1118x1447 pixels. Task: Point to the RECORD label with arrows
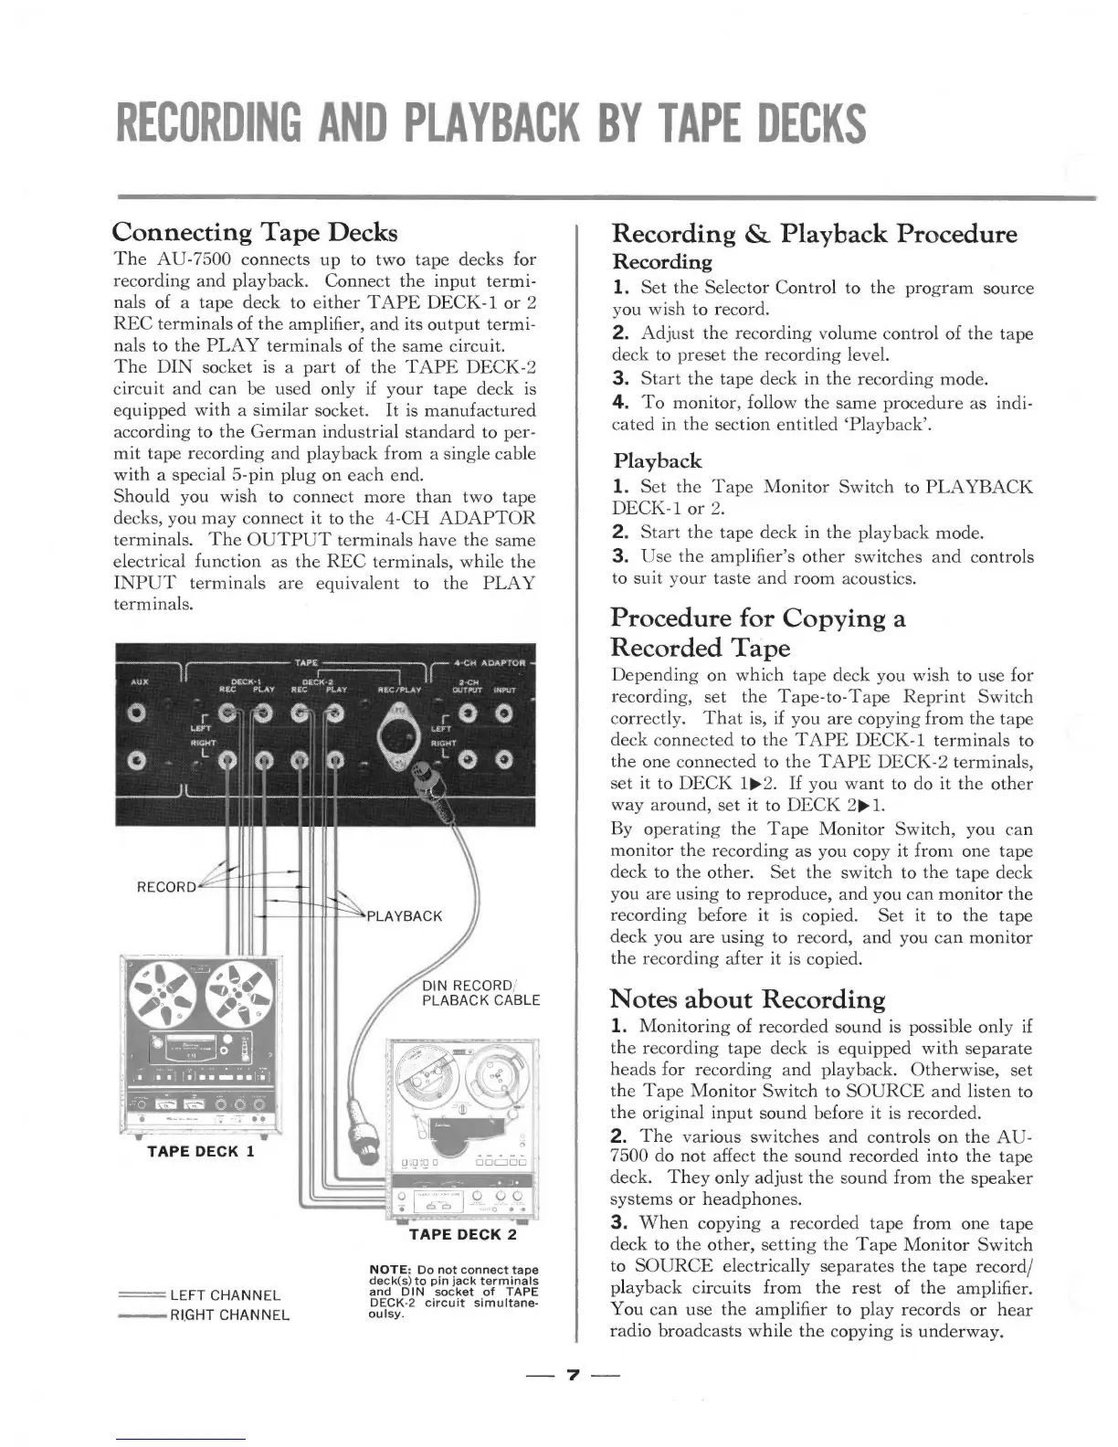click(x=165, y=886)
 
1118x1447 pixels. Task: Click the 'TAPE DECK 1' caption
click(x=200, y=1151)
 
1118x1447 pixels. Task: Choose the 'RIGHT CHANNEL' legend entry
click(x=229, y=1315)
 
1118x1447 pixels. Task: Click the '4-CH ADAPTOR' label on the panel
click(x=492, y=662)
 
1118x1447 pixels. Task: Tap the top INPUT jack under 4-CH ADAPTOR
click(x=503, y=713)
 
